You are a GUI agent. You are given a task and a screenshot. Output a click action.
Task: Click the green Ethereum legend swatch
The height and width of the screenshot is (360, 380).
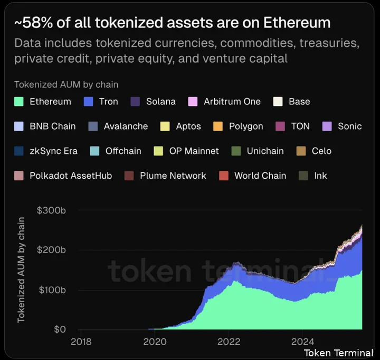pos(19,101)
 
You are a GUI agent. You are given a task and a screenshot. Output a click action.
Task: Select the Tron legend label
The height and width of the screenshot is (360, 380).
pos(108,101)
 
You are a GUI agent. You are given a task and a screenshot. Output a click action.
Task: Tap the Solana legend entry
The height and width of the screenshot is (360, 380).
pos(160,101)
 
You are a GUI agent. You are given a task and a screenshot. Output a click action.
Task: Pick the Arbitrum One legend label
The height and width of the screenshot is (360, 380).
pos(232,101)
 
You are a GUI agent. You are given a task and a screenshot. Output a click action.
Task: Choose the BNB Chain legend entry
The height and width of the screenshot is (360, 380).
pos(52,126)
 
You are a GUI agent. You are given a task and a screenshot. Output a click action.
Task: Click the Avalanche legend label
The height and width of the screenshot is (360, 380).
pos(126,126)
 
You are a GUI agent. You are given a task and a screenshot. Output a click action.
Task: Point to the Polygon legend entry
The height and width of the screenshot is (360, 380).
pos(245,126)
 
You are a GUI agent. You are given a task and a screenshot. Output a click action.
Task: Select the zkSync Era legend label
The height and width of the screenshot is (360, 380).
pos(53,151)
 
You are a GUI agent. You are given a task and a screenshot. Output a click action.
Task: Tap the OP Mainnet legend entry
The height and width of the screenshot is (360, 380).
pos(194,151)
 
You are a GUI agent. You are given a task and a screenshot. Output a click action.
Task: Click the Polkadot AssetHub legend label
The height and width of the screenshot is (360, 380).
pos(71,176)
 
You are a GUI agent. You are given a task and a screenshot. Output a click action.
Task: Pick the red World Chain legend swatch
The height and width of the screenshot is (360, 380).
pos(224,176)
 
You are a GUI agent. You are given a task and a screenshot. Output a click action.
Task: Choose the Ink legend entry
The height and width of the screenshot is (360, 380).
pos(320,176)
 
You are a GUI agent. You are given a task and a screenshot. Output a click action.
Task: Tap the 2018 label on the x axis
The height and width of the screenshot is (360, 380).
pos(81,341)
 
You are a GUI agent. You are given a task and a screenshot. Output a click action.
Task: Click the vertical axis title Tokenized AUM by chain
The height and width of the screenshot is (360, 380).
pos(21,270)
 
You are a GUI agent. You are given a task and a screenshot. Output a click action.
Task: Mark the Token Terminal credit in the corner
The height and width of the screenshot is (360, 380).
pos(338,353)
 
